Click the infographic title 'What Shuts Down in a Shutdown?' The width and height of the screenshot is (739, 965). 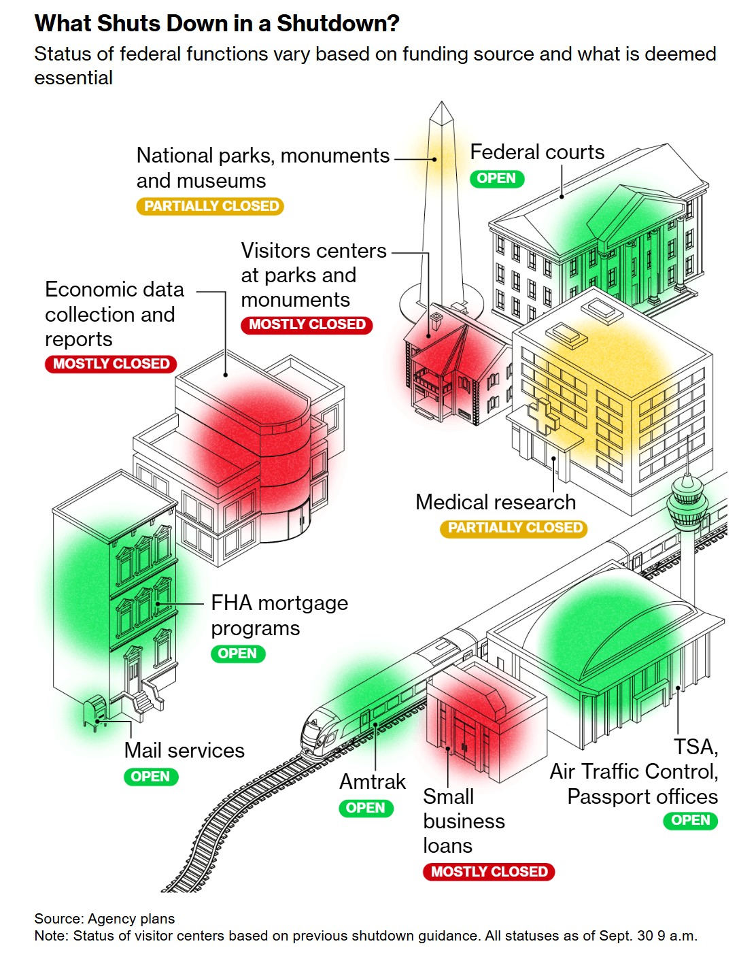pyautogui.click(x=217, y=24)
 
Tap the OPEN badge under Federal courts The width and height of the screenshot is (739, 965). pyautogui.click(x=497, y=179)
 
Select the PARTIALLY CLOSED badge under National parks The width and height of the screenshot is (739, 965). pyautogui.click(x=211, y=206)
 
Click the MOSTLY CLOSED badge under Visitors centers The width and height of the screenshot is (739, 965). pyautogui.click(x=307, y=325)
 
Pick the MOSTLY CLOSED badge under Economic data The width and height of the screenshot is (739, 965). pyautogui.click(x=111, y=364)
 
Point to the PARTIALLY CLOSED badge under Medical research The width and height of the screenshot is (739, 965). pyautogui.click(x=514, y=528)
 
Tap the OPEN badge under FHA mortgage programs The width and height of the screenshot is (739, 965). pyautogui.click(x=237, y=654)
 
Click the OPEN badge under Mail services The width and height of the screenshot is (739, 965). pyautogui.click(x=150, y=777)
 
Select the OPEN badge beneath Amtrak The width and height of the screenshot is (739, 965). pyautogui.click(x=366, y=809)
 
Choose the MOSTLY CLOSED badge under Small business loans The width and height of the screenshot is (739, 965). pyautogui.click(x=489, y=872)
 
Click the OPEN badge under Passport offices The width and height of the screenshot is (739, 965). pyautogui.click(x=690, y=821)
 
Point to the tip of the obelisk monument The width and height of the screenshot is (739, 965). pyautogui.click(x=442, y=104)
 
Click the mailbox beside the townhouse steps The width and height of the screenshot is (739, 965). pyautogui.click(x=94, y=713)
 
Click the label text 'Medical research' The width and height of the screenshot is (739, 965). pyautogui.click(x=496, y=503)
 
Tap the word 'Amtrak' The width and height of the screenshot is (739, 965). pyautogui.click(x=373, y=782)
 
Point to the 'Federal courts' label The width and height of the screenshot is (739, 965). pyautogui.click(x=537, y=152)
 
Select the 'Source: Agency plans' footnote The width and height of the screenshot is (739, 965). pyautogui.click(x=105, y=919)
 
